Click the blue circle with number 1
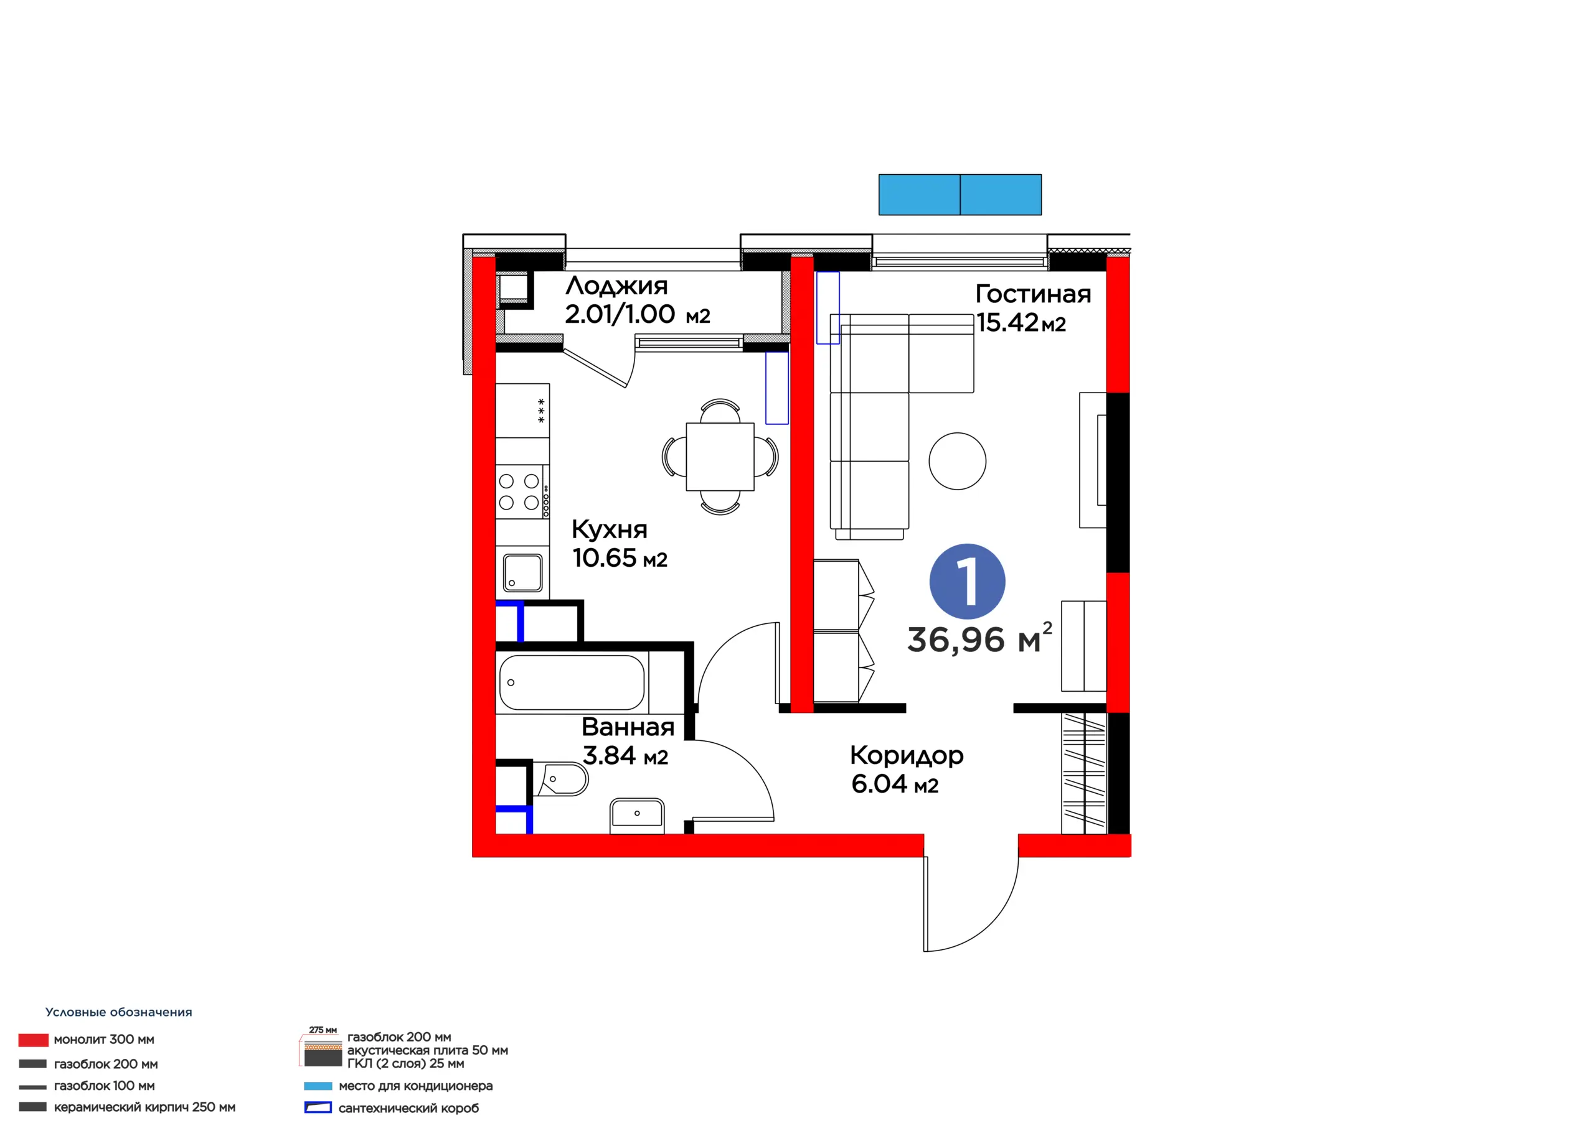[x=966, y=582]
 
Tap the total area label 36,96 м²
[x=979, y=638]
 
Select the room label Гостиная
[x=1033, y=294]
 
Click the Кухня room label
[x=610, y=529]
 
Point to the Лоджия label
[x=616, y=286]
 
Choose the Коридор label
[x=907, y=755]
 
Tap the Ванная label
[x=628, y=727]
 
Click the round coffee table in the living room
[x=958, y=462]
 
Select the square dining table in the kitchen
[x=720, y=457]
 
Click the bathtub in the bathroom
[x=572, y=682]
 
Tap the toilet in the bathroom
[x=560, y=780]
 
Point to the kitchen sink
[x=523, y=572]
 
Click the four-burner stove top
[x=522, y=492]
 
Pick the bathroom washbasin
[x=636, y=815]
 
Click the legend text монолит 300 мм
[x=104, y=1040]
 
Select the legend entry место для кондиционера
[x=415, y=1086]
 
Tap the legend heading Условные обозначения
[x=119, y=1012]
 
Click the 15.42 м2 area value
[x=1021, y=323]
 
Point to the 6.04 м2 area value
[x=895, y=784]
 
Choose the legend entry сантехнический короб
[x=408, y=1108]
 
